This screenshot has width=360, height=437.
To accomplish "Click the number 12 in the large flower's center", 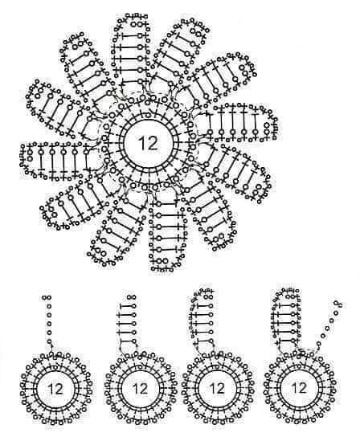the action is [x=148, y=143].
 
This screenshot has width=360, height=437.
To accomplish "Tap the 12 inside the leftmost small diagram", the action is [x=55, y=389].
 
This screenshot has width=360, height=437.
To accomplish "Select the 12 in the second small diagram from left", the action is [x=140, y=389].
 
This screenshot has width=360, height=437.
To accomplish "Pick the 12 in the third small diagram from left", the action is [x=217, y=389].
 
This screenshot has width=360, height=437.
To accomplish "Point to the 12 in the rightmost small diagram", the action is [x=298, y=388].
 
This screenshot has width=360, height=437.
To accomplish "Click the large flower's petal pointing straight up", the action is [x=129, y=50].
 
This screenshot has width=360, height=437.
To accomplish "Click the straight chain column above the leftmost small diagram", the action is [x=49, y=321].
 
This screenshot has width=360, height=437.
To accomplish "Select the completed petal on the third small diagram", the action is [x=203, y=321].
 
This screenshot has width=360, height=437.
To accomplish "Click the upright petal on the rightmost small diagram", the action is [x=288, y=321].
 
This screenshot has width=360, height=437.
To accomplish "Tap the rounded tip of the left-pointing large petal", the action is [x=22, y=159].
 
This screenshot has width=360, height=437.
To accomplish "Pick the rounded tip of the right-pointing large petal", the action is [x=277, y=122].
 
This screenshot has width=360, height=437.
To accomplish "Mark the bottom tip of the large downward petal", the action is [x=165, y=270].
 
